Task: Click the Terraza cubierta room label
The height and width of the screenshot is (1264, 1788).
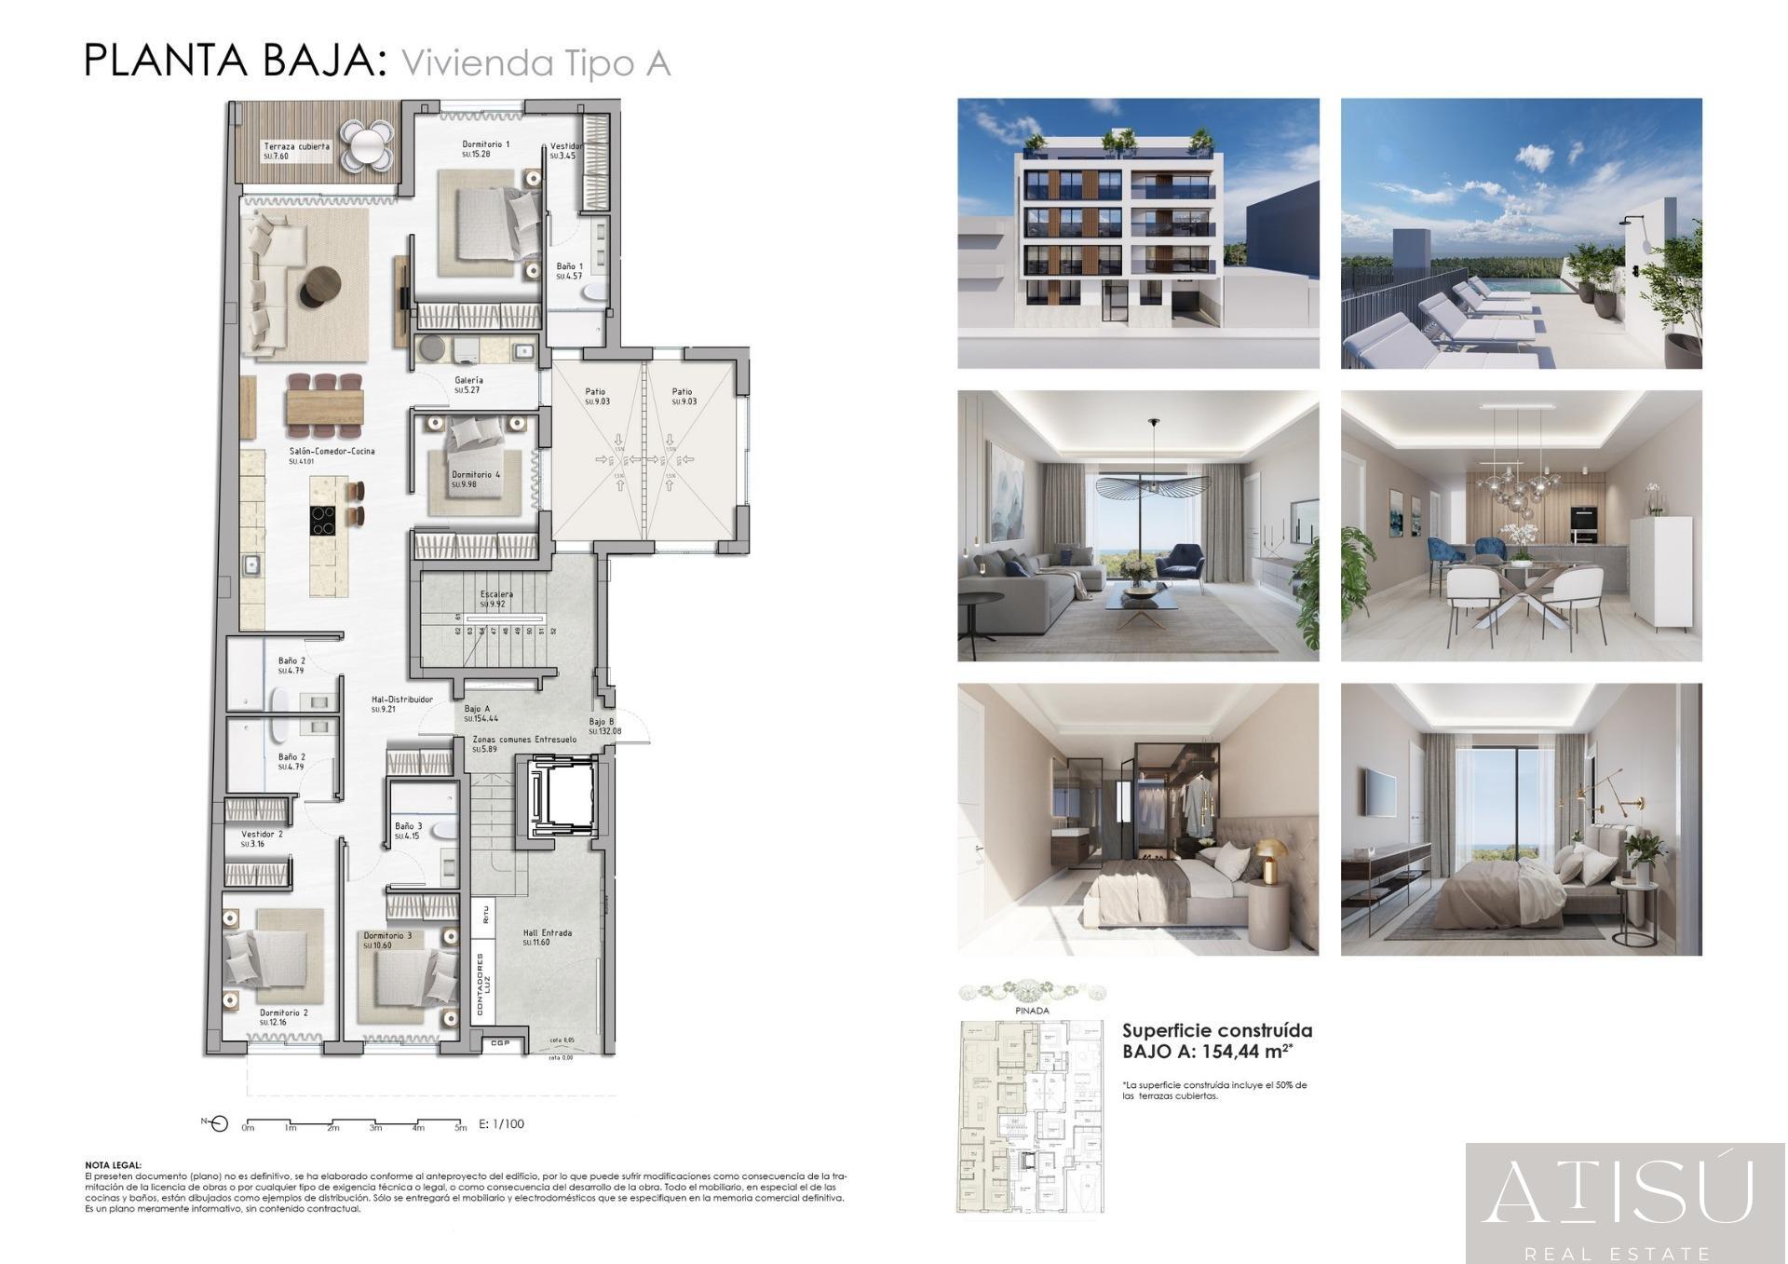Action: [x=296, y=146]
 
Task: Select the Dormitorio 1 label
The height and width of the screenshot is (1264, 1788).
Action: [x=485, y=144]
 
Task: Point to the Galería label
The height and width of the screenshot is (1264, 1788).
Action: [x=468, y=380]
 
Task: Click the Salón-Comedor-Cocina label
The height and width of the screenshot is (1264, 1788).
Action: [x=332, y=452]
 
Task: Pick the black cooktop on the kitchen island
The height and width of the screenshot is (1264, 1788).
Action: [x=322, y=520]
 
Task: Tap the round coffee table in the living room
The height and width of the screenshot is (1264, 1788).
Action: [x=322, y=284]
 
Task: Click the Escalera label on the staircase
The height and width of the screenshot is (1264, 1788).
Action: [x=496, y=594]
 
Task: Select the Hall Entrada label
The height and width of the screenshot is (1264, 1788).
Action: [x=547, y=932]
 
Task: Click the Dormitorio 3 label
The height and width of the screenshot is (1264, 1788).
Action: [x=387, y=935]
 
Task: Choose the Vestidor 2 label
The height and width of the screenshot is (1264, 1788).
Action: [x=262, y=835]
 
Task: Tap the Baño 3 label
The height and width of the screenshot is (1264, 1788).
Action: [x=408, y=826]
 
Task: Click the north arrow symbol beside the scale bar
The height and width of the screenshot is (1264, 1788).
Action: [x=218, y=1123]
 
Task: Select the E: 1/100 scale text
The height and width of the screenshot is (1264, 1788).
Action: [x=501, y=1124]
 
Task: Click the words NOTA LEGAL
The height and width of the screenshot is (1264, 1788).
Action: [x=113, y=1164]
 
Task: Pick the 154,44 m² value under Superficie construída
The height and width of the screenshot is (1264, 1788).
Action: [x=1248, y=1052]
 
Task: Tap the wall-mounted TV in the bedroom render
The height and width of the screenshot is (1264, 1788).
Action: [x=1380, y=791]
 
